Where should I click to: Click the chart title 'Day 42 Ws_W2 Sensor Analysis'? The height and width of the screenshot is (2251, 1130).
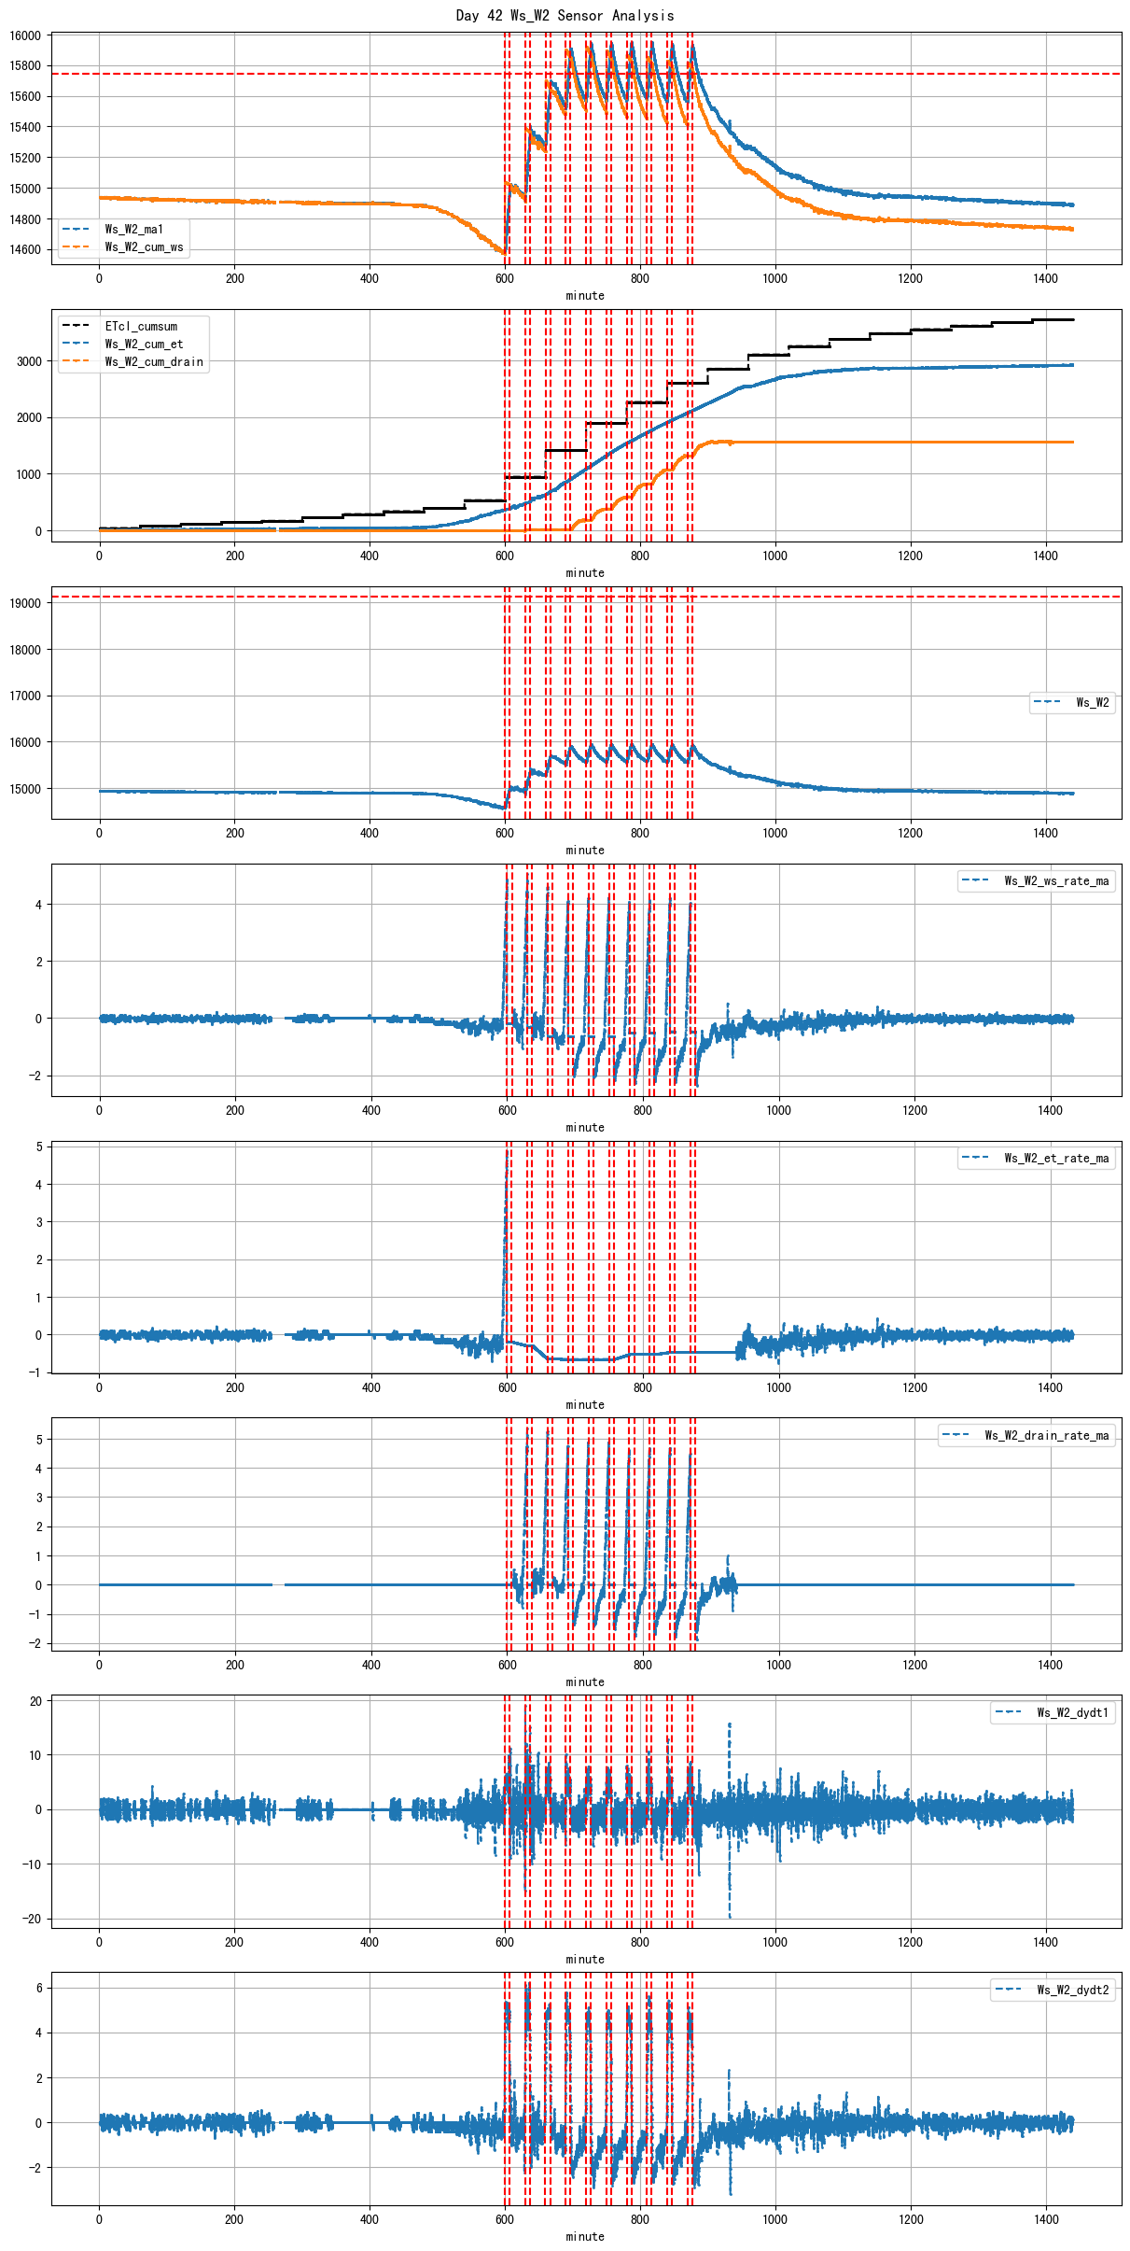tap(565, 15)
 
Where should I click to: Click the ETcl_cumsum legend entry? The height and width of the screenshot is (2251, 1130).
tap(141, 327)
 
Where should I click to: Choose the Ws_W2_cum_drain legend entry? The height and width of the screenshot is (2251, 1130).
tap(154, 362)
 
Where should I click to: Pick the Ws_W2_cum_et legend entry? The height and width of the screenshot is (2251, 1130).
tap(144, 345)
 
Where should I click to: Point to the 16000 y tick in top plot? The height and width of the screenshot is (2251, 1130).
tap(25, 35)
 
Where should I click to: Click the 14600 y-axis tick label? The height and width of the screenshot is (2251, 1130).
tap(25, 250)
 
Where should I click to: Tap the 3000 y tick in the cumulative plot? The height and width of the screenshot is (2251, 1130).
tap(29, 362)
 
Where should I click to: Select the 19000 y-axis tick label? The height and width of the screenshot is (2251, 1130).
tap(25, 603)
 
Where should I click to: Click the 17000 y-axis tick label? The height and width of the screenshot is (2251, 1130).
tap(25, 696)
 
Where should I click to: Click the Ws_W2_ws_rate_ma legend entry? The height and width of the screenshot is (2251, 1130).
tap(1056, 881)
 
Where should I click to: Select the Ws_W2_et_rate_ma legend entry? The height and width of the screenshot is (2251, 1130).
tap(1056, 1159)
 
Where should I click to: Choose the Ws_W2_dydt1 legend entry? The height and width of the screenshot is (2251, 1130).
tap(1072, 1713)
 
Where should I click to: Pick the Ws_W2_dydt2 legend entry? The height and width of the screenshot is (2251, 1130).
tap(1072, 1991)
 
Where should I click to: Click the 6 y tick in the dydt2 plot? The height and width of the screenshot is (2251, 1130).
tap(38, 1988)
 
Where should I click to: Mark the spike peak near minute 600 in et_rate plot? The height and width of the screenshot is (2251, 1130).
tap(508, 1151)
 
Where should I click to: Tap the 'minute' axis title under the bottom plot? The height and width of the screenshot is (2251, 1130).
tap(585, 2236)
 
